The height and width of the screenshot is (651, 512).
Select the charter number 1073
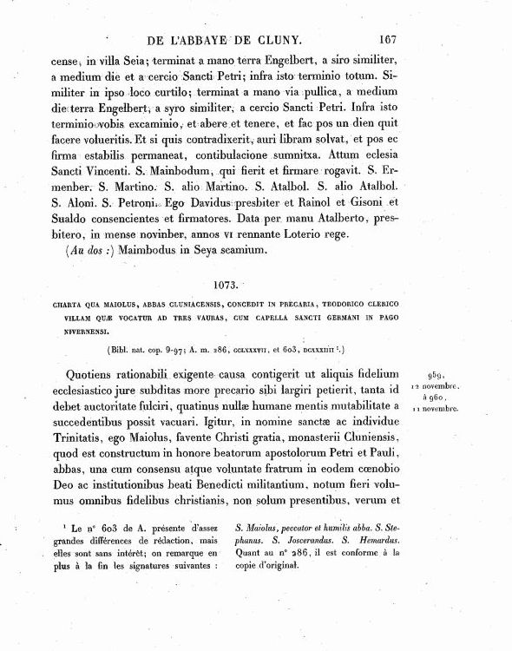230,284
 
